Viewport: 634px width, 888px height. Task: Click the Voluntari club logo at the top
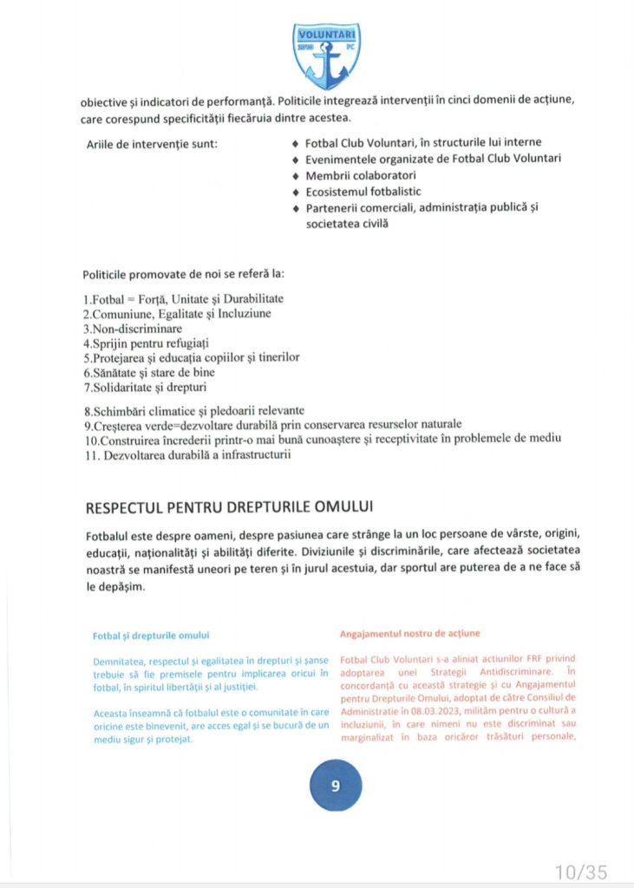(x=328, y=56)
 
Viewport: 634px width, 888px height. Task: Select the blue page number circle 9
(x=336, y=787)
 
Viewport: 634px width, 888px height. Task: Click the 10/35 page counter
(x=582, y=871)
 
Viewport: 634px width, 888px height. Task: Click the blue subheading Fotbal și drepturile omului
(x=151, y=636)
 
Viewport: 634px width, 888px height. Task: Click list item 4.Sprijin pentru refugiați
(x=147, y=343)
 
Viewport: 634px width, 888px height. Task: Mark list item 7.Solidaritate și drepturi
(x=145, y=386)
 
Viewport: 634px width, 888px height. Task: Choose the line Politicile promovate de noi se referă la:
(x=183, y=274)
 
